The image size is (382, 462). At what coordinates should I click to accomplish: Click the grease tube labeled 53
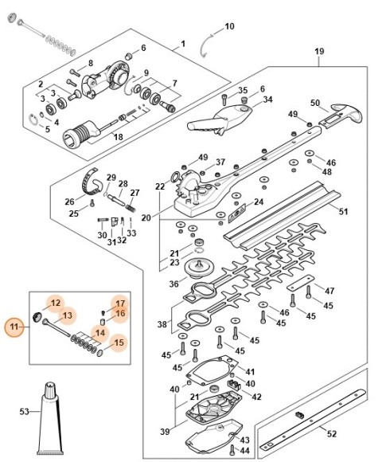pos(51,419)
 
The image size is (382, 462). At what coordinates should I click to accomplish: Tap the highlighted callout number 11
pos(14,327)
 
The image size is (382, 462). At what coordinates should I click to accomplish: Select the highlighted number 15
pos(119,343)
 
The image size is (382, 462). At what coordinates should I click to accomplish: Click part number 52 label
pos(332,433)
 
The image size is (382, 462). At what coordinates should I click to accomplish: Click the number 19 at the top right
pos(319,51)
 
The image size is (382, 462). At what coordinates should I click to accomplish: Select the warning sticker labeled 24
pos(236,212)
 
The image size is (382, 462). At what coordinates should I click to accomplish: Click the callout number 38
pos(162,324)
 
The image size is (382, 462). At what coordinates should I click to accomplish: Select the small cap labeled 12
pos(37,318)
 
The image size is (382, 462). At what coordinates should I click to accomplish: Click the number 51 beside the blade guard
pos(344,212)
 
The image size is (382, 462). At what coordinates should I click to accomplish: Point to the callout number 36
pos(174,284)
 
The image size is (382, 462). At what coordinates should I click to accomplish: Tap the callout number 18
pos(118,137)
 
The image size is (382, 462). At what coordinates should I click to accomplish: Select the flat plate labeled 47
pos(301,283)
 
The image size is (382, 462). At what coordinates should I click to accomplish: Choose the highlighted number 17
pos(120,303)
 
